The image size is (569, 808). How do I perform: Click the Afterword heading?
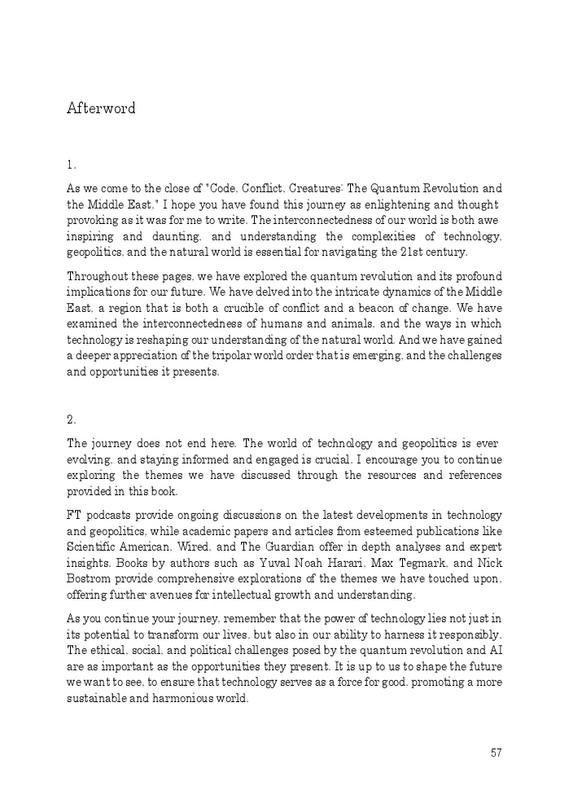(101, 108)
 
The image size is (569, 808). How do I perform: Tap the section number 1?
(71, 165)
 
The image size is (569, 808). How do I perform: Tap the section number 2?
(71, 420)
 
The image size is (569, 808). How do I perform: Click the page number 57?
(497, 753)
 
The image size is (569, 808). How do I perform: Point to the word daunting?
(177, 236)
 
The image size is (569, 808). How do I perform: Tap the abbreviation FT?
(73, 516)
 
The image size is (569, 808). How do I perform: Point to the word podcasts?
(110, 516)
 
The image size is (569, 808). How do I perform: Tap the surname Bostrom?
(89, 579)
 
